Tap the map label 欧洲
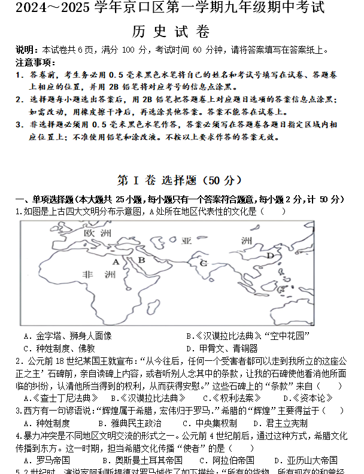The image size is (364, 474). coord(98,232)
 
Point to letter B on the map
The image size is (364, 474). coord(142,260)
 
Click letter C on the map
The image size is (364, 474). coord(204,263)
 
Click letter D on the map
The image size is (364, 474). coord(270,256)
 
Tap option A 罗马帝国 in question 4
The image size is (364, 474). coord(47,460)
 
